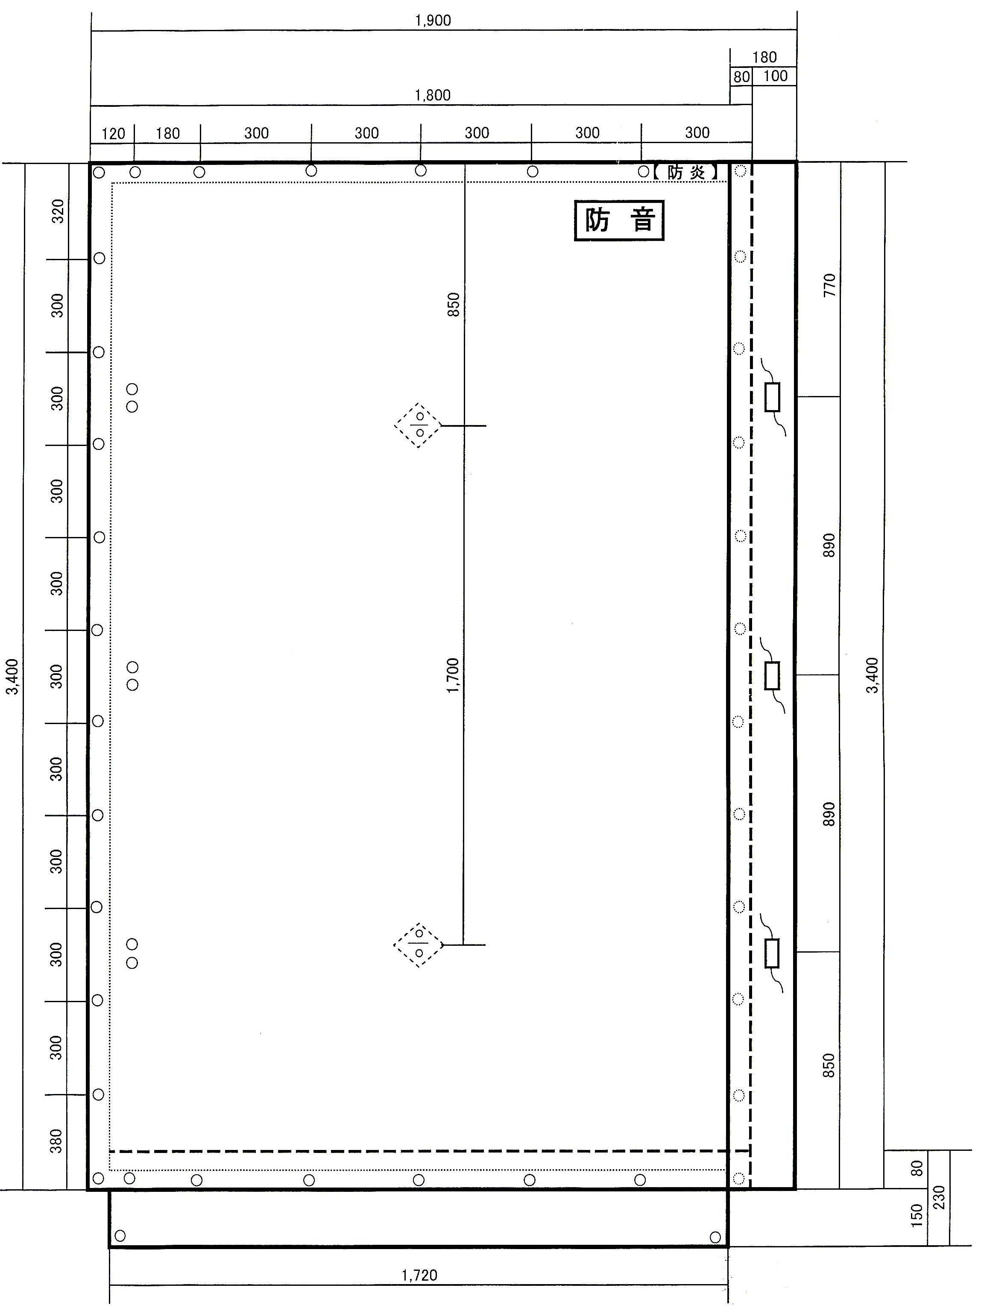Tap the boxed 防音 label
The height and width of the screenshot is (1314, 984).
pyautogui.click(x=619, y=220)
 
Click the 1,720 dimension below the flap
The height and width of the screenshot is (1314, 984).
pyautogui.click(x=419, y=1275)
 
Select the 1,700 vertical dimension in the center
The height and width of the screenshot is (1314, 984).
pyautogui.click(x=453, y=675)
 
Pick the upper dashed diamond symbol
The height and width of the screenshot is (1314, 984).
pyautogui.click(x=419, y=425)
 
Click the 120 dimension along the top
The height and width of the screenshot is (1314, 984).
pyautogui.click(x=113, y=134)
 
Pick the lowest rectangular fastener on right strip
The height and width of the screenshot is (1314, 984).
pyautogui.click(x=771, y=953)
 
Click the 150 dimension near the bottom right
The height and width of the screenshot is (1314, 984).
pyautogui.click(x=917, y=1215)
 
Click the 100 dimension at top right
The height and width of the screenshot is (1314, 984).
pyautogui.click(x=775, y=76)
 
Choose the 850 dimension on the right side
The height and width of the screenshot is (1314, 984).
pyautogui.click(x=829, y=1065)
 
